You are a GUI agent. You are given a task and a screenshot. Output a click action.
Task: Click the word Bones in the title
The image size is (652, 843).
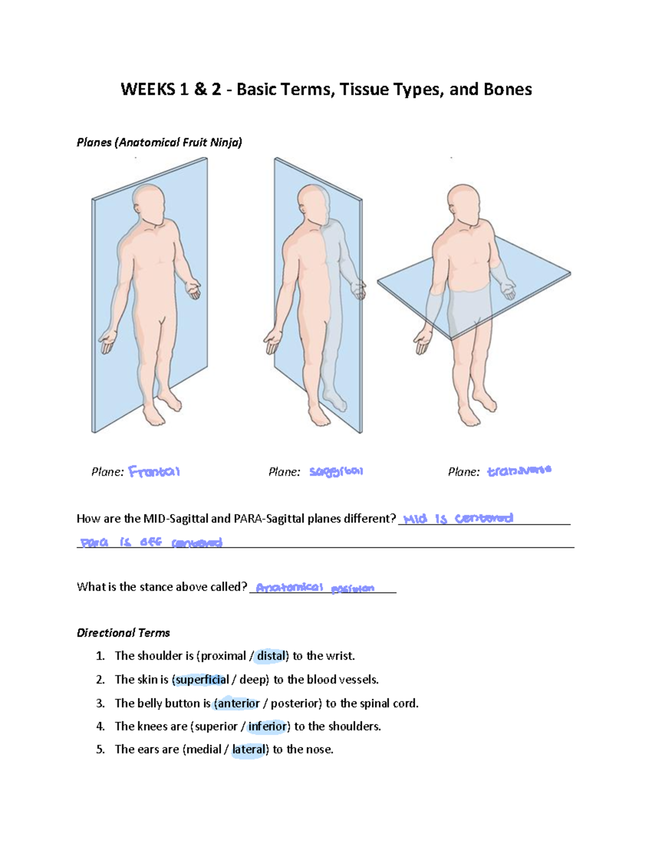click(507, 90)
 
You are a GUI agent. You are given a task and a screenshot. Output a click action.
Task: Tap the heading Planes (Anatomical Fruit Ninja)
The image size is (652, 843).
click(159, 143)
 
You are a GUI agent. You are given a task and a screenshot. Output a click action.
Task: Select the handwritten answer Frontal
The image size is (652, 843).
click(154, 472)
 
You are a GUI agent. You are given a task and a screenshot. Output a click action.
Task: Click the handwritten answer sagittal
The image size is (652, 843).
click(336, 472)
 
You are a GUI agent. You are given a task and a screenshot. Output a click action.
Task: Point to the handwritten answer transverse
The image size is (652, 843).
click(519, 471)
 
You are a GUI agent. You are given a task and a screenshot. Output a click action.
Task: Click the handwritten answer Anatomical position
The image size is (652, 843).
click(315, 588)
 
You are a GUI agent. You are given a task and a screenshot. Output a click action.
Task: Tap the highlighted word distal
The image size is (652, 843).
click(271, 656)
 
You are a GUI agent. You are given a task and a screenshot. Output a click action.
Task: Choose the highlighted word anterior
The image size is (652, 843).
click(238, 703)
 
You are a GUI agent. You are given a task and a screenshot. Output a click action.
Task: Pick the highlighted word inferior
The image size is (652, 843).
click(267, 726)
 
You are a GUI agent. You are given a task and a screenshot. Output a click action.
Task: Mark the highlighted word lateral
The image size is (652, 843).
click(249, 750)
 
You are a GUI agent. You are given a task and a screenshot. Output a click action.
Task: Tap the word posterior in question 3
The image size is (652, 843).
click(295, 703)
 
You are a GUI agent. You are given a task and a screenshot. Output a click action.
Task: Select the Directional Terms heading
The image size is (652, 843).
click(123, 633)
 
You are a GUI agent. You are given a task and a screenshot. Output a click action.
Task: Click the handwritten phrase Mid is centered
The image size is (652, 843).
click(458, 518)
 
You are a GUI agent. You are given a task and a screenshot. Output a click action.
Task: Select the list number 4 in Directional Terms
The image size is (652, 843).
click(100, 726)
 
